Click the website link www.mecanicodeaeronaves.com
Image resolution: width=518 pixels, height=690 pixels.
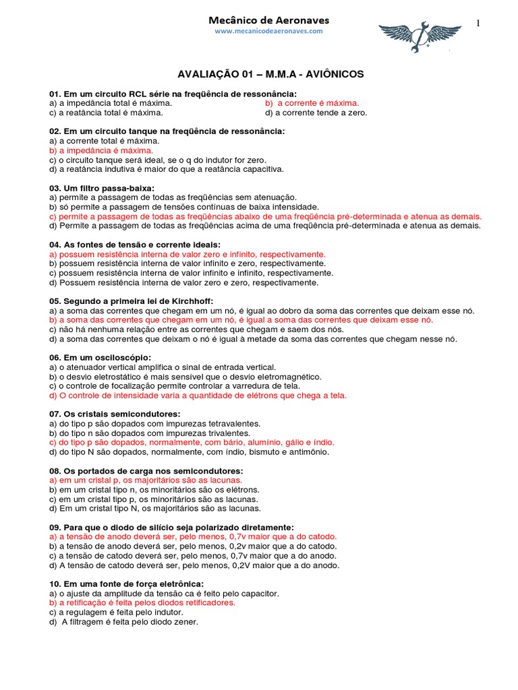coord(269,31)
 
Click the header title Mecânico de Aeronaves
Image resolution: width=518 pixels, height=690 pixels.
coord(268,20)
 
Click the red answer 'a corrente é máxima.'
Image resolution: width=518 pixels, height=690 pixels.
coord(312,103)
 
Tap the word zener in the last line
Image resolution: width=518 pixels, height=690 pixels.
coord(186,622)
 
